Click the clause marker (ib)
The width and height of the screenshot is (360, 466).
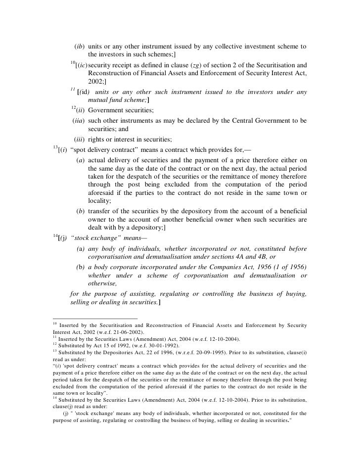[x=79, y=47]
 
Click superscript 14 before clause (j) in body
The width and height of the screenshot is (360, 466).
[x=54, y=235]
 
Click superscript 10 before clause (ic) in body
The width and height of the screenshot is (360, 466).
[x=72, y=62]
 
